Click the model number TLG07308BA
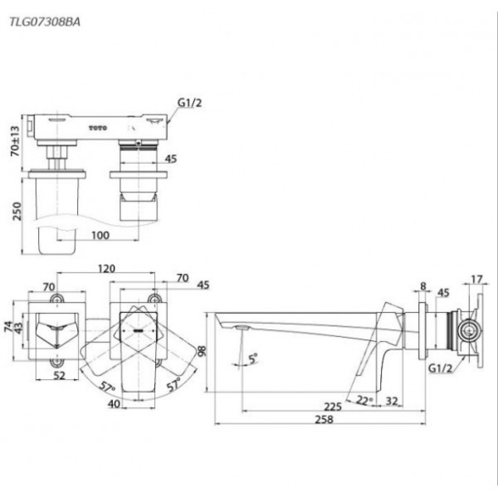point(45,22)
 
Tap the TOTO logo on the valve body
point(98,128)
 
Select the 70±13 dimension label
point(15,142)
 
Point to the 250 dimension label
point(16,211)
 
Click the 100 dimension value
point(100,235)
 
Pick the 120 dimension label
point(106,269)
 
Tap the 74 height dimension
point(8,327)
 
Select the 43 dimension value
point(19,329)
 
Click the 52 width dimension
point(59,375)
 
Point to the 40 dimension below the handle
point(114,404)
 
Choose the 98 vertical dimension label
point(202,350)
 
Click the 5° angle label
point(253,359)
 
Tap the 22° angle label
point(363,400)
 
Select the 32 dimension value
point(392,401)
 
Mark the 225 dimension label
point(333,406)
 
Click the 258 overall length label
point(324,419)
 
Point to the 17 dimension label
point(477,279)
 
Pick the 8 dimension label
point(423,286)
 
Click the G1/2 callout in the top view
point(189,103)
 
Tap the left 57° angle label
point(108,387)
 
